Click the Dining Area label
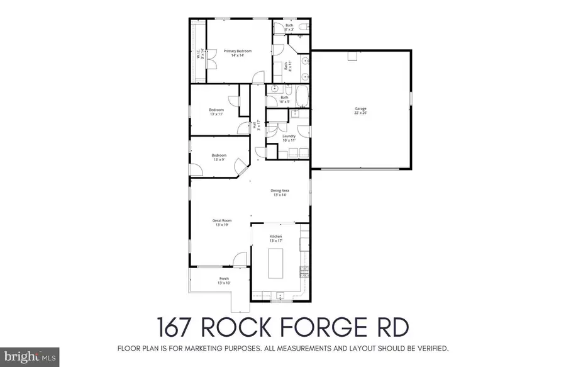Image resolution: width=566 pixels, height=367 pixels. tap(280, 193)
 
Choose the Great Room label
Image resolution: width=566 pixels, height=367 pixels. tap(223, 222)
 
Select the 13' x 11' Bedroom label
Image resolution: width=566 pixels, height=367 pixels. tap(216, 112)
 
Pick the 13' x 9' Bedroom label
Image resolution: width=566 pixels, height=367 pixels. tap(218, 157)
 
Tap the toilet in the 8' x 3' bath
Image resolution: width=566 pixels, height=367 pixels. tap(302, 26)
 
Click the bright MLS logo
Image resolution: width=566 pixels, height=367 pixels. tap(30, 357)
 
